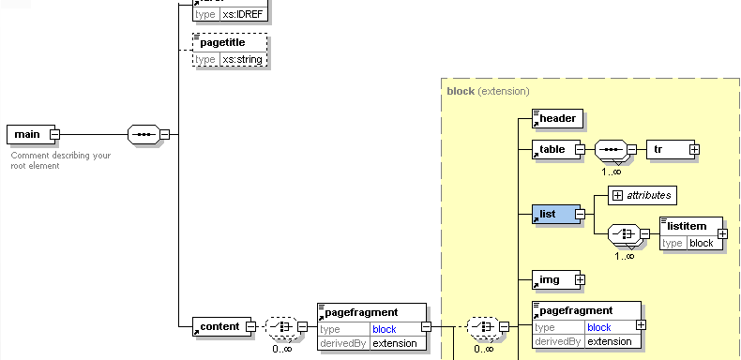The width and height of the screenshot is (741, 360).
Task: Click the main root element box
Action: (27, 134)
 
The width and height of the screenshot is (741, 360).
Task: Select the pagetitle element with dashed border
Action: (229, 43)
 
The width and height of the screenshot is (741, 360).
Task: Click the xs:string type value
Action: (243, 59)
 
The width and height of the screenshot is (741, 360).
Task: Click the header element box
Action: (556, 118)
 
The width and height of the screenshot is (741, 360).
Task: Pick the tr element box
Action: (667, 149)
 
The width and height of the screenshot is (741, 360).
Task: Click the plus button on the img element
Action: (581, 279)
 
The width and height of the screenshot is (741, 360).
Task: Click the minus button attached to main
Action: (54, 134)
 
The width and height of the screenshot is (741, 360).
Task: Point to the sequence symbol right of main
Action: (142, 134)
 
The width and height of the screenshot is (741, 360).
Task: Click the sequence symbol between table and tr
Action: (610, 149)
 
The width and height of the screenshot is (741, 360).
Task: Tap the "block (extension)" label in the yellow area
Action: (488, 91)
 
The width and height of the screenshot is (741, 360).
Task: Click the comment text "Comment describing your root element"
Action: (62, 160)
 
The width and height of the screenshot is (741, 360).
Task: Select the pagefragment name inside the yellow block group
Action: (576, 310)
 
